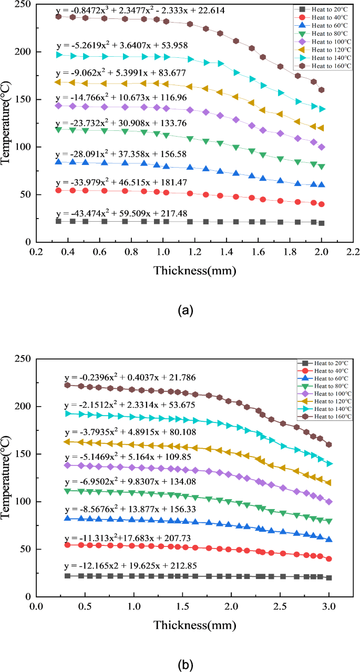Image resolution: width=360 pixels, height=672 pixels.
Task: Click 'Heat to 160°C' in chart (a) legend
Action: click(x=322, y=66)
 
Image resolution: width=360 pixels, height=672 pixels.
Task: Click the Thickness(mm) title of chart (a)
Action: click(x=194, y=271)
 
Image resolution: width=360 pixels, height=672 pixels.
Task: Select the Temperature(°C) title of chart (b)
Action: click(x=7, y=478)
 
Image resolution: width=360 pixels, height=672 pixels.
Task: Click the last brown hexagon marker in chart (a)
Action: click(x=322, y=90)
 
